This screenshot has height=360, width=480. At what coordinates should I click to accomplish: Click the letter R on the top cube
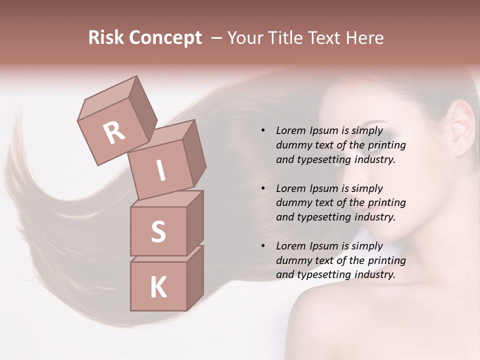pos(114,132)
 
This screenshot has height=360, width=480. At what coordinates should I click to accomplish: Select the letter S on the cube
pos(158,231)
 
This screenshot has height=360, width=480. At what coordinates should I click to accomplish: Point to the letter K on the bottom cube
pos(158,287)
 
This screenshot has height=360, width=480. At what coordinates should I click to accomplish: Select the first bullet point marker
pos(263,131)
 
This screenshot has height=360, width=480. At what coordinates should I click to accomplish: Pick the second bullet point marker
pos(263,188)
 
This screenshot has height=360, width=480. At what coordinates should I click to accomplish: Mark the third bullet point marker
pos(263,246)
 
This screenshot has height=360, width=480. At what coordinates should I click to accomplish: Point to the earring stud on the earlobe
pos(458,148)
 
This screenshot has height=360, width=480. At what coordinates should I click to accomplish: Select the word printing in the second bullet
pos(386,203)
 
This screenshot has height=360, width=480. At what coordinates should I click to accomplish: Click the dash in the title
pos(217,38)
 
